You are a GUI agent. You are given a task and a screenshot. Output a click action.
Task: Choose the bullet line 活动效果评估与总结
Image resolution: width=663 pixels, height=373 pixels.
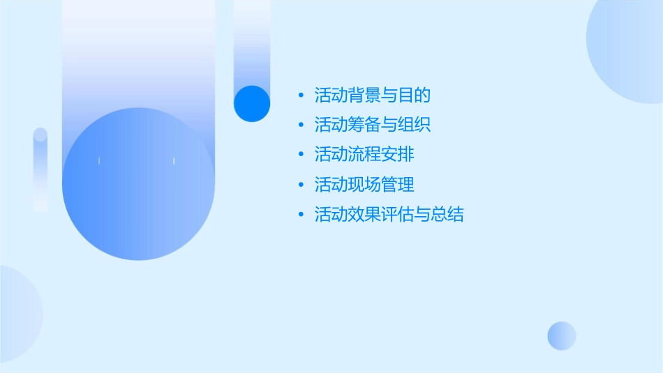click(389, 215)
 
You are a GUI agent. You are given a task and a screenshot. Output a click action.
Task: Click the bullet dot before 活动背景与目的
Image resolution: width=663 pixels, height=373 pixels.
click(301, 95)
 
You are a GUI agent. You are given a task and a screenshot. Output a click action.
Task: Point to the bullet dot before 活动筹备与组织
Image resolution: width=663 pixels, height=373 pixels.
click(301, 125)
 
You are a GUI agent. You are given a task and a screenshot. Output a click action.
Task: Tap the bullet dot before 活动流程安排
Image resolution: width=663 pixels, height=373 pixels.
click(301, 155)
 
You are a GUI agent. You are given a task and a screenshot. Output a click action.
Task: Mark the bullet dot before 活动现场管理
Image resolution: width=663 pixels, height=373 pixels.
click(301, 185)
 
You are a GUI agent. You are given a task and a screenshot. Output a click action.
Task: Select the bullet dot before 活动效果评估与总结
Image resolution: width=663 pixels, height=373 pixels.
click(301, 215)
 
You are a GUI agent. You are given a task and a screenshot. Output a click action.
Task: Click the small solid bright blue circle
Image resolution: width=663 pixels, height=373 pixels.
click(252, 103)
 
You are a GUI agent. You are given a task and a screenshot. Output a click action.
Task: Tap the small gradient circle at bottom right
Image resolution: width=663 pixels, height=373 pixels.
click(562, 335)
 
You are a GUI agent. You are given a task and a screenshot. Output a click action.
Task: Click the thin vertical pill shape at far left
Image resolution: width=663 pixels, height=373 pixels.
click(40, 169)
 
